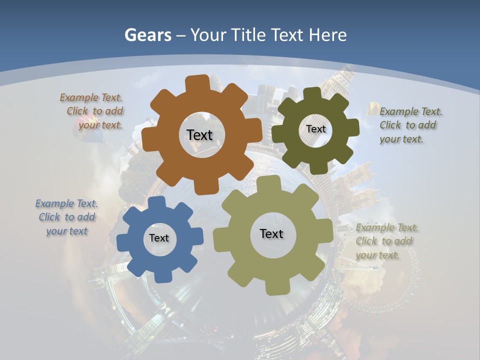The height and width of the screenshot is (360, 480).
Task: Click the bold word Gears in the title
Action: click(x=147, y=35)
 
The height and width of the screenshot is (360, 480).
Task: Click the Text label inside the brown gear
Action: click(x=199, y=135)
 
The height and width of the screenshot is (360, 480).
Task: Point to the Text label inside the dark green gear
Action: click(x=315, y=129)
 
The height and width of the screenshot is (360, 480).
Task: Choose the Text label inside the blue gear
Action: click(x=159, y=238)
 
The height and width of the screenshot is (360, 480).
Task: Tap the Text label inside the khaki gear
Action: click(x=271, y=233)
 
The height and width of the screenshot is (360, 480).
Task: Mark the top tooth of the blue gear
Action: click(x=156, y=202)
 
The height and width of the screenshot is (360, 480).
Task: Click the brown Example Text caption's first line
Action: click(x=91, y=97)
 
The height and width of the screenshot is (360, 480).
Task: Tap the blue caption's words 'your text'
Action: click(x=67, y=231)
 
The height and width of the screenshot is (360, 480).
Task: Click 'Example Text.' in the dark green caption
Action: click(x=411, y=111)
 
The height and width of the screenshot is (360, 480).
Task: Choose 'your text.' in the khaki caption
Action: click(x=377, y=255)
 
